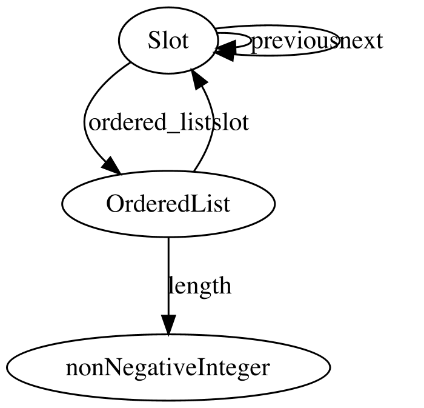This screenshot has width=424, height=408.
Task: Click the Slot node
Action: [x=168, y=40]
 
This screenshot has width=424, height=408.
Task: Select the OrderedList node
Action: [x=168, y=204]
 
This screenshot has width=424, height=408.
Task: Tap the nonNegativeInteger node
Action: [x=168, y=367]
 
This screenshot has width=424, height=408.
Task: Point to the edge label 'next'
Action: [x=361, y=41]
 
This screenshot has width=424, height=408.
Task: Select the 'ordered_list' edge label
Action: [x=150, y=123]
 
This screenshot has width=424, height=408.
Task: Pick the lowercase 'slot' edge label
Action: [x=231, y=123]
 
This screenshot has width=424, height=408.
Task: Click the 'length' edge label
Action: [x=200, y=286]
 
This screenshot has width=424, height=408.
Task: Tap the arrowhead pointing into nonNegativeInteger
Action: [x=168, y=325]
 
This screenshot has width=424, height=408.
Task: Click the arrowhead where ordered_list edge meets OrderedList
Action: [x=112, y=166]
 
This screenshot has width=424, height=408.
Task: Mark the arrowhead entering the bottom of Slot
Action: [x=199, y=78]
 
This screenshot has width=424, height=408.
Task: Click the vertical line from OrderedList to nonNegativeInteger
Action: [x=168, y=276]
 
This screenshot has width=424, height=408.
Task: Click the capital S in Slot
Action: [x=154, y=41]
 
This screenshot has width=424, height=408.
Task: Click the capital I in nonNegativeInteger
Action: [x=200, y=367]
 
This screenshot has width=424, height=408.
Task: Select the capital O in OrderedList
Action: [x=114, y=204]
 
